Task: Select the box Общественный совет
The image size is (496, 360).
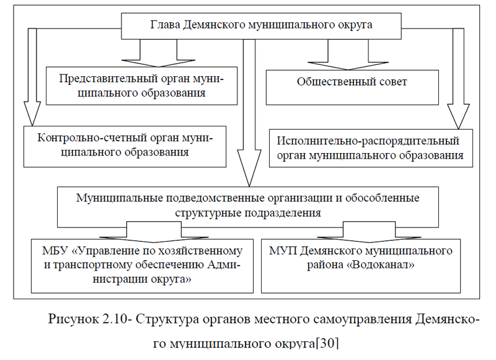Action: coord(352,81)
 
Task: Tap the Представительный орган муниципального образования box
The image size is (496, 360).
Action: coord(142,86)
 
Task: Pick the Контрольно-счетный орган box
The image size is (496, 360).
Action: coord(125,145)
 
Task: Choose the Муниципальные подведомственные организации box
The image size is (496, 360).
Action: coord(248,205)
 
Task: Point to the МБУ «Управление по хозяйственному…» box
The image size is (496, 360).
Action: coord(142,265)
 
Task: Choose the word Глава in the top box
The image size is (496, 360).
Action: coord(164,25)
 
